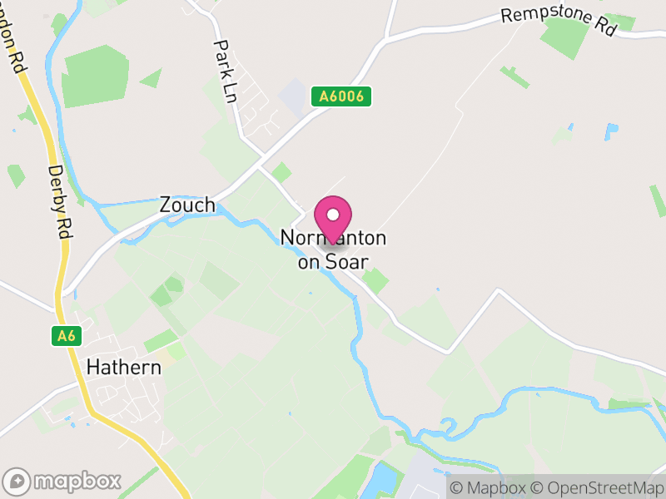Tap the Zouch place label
(x=186, y=205)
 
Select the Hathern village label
(x=123, y=367)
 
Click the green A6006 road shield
(x=341, y=96)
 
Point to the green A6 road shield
(x=67, y=336)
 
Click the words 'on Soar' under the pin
(x=333, y=261)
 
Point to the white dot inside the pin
(x=333, y=215)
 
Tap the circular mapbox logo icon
(x=17, y=481)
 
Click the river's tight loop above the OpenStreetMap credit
(x=450, y=429)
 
